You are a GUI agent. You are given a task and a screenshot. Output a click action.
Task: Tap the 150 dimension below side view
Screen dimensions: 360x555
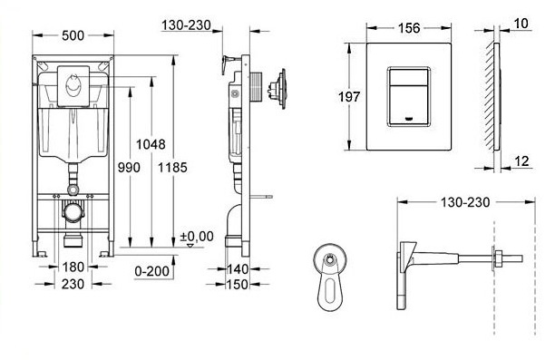238,285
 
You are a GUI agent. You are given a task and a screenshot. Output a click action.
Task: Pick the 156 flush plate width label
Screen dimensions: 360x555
410,28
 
